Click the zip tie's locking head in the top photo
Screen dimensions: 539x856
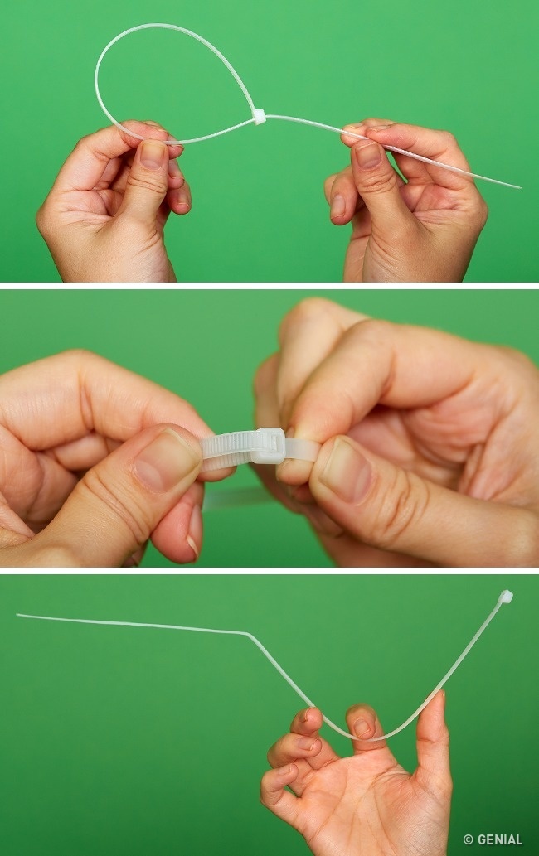(x=259, y=116)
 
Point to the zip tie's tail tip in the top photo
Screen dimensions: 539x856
(x=519, y=187)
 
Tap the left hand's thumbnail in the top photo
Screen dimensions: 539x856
(x=153, y=154)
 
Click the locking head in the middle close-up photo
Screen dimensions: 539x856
(x=269, y=446)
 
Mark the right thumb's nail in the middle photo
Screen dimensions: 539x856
(x=345, y=469)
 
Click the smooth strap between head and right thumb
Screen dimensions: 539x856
(x=302, y=449)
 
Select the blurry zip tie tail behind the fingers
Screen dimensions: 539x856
(x=236, y=497)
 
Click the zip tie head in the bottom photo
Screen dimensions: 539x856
(x=506, y=596)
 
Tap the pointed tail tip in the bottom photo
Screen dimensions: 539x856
(x=18, y=615)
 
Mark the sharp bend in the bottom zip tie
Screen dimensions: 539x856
(x=248, y=634)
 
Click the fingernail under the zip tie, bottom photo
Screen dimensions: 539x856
(x=362, y=728)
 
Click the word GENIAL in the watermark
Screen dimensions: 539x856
(x=500, y=839)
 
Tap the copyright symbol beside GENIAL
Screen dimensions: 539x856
(x=468, y=839)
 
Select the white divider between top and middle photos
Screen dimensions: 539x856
(x=269, y=286)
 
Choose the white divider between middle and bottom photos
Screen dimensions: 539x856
(x=269, y=570)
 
